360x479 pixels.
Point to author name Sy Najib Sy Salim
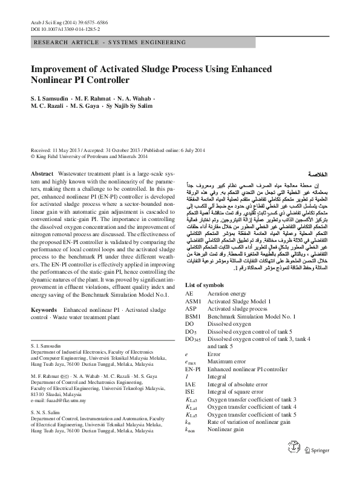[136, 107]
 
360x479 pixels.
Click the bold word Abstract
[42, 173]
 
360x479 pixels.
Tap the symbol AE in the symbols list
[190, 293]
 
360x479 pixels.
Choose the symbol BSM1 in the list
[194, 316]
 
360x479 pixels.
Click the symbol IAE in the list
[191, 384]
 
